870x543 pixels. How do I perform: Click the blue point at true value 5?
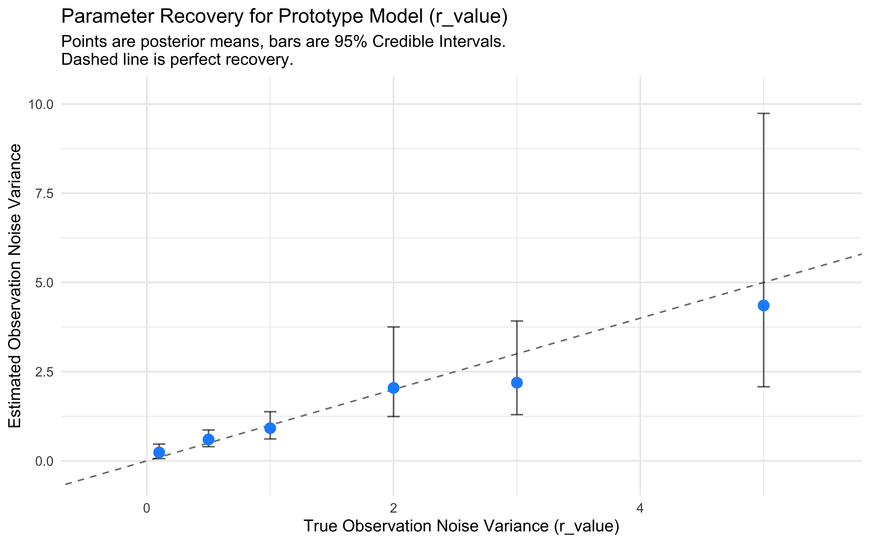(763, 306)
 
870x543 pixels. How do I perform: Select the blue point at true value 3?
(517, 383)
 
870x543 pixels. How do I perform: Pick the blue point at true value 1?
(270, 428)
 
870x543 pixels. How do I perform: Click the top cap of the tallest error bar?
(763, 113)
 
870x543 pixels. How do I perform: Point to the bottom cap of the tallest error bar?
(763, 387)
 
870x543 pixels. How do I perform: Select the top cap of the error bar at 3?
(517, 321)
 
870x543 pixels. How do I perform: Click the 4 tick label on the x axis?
(640, 509)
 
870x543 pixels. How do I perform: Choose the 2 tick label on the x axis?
(393, 509)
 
